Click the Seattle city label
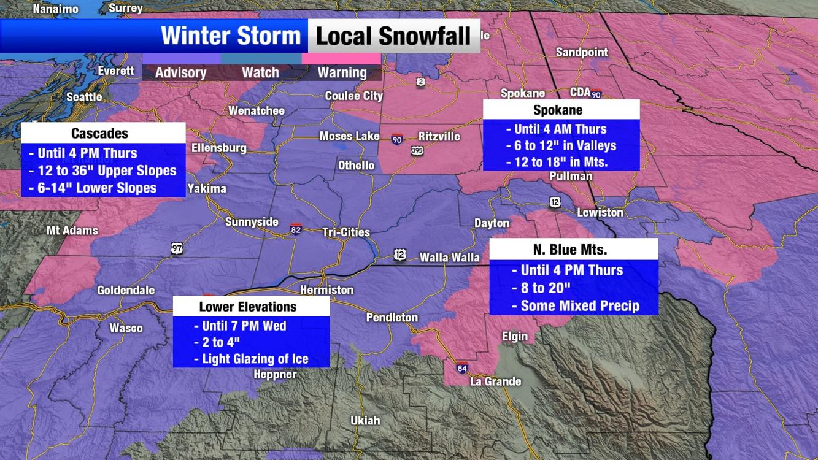[84, 97]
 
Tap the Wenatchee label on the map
[256, 111]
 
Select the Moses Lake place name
[349, 136]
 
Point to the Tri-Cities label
[346, 232]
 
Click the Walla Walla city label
[449, 258]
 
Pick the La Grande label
[495, 381]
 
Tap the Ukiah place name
[365, 421]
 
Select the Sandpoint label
[581, 53]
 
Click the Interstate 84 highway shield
[462, 369]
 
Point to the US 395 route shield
[417, 150]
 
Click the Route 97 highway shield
[177, 248]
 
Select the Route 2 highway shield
[420, 82]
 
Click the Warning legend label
[342, 72]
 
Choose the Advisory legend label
[180, 72]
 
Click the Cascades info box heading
[99, 133]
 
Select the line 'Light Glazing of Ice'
[255, 359]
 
